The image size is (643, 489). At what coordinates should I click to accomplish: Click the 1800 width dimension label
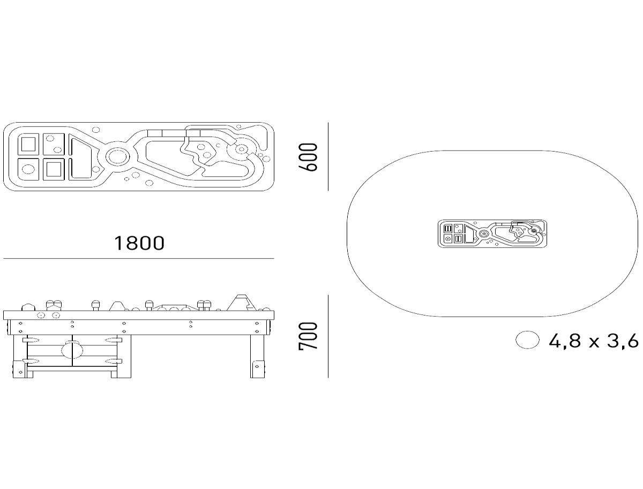[139, 243]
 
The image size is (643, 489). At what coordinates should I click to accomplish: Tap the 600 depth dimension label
[308, 157]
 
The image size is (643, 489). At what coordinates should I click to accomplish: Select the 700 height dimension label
[308, 336]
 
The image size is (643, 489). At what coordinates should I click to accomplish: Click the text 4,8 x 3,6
[594, 341]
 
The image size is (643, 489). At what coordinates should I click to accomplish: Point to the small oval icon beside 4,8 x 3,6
[527, 340]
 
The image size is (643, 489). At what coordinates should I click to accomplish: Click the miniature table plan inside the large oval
[492, 234]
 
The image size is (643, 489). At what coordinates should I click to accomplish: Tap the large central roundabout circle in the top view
[117, 157]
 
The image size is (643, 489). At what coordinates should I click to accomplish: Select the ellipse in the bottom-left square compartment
[28, 169]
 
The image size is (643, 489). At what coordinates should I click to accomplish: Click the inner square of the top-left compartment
[28, 144]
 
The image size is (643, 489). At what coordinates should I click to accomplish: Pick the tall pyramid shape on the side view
[241, 303]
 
